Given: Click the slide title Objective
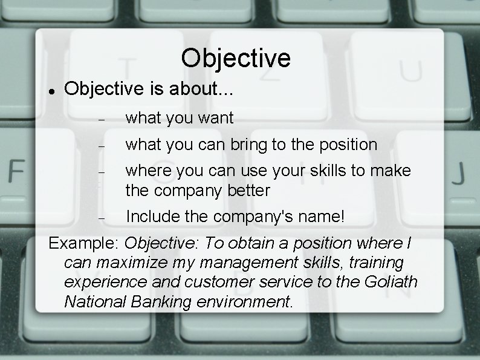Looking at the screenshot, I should click(235, 58).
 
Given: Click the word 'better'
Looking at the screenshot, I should click(246, 190).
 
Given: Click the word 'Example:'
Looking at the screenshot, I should click(84, 244).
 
